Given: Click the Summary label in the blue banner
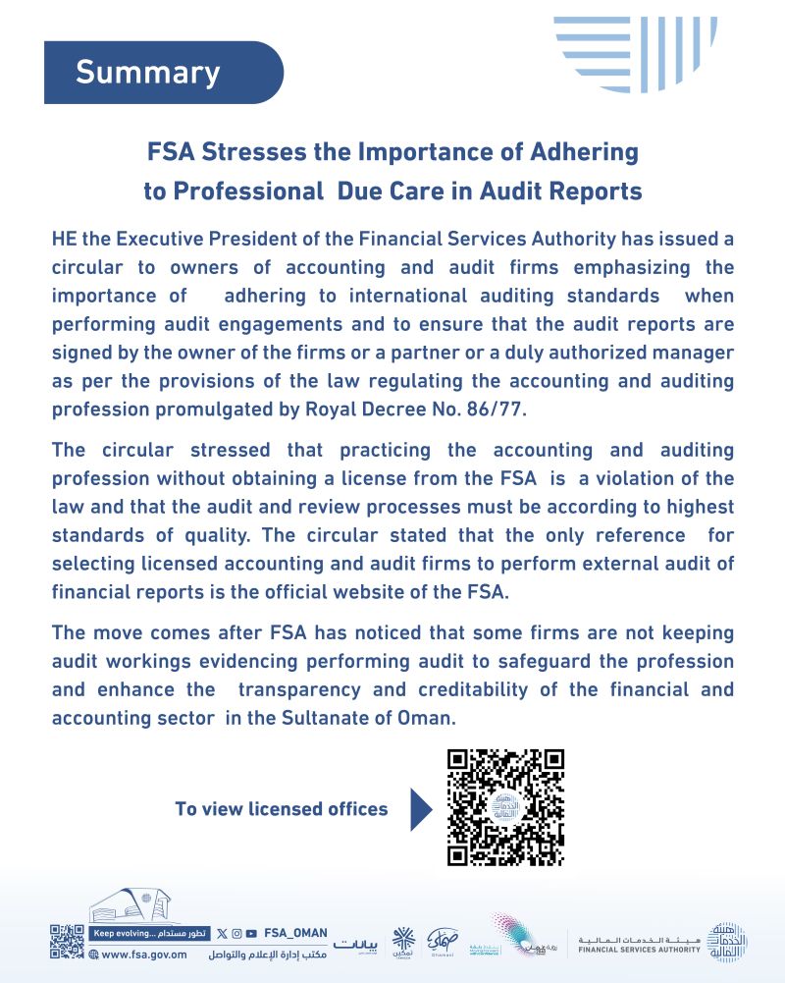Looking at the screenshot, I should click(x=148, y=73).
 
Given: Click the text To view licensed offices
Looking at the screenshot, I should click(x=281, y=809).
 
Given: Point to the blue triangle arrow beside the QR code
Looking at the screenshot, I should click(x=420, y=808).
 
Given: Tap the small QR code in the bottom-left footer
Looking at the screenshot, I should click(x=67, y=941).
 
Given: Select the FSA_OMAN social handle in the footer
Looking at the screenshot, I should click(x=295, y=933).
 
